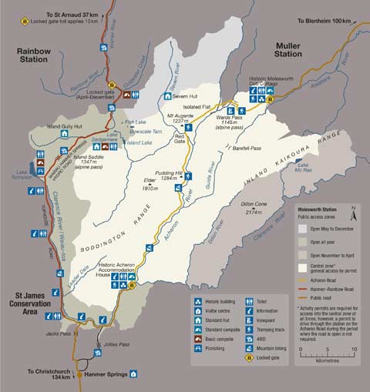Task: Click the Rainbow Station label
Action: [x=33, y=55]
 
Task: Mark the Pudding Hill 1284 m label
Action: [x=170, y=176]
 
